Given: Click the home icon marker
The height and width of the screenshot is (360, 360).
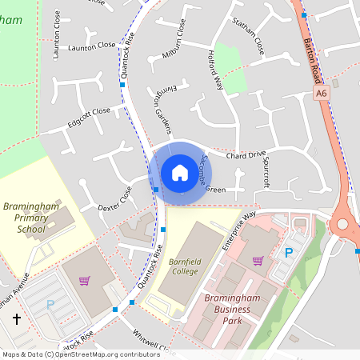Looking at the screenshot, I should [x=179, y=172].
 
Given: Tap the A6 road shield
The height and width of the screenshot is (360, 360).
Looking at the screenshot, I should [x=321, y=94].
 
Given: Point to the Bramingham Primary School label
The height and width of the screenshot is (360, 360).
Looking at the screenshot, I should [x=31, y=217].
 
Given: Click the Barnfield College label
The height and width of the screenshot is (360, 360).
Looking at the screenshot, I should [x=184, y=266].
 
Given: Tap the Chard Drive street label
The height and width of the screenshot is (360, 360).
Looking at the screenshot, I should [x=246, y=154].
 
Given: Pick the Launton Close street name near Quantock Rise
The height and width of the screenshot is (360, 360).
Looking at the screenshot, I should [x=91, y=46].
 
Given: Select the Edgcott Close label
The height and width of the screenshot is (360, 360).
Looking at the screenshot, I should [x=89, y=117].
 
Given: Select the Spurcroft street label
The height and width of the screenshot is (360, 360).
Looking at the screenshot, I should [x=266, y=170].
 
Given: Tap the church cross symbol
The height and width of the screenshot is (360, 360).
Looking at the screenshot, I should [x=17, y=320].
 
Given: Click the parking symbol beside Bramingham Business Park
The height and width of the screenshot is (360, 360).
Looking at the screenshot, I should [x=290, y=253].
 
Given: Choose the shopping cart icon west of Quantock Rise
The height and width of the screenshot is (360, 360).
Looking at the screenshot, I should [x=84, y=280].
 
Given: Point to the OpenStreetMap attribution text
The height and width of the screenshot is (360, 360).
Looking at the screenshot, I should [x=80, y=354].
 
